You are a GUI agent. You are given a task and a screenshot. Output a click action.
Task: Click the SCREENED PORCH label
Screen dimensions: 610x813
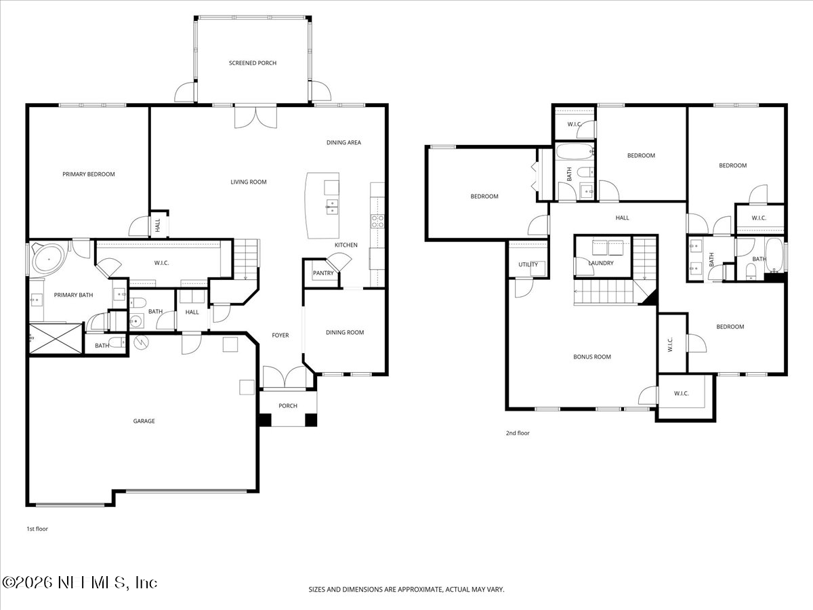pos(252,63)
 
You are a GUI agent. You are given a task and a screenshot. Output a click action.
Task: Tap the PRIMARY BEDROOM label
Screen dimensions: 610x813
pos(89,174)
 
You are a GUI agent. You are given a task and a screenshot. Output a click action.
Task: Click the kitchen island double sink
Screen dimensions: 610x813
pos(332,206)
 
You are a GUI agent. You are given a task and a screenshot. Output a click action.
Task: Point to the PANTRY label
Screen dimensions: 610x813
pos(322,273)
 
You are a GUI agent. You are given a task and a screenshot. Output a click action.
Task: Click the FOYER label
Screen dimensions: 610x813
pos(280,335)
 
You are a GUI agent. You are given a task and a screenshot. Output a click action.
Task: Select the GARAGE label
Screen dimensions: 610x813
pos(144,421)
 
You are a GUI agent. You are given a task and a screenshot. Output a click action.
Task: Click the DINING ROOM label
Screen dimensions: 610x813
pos(345,332)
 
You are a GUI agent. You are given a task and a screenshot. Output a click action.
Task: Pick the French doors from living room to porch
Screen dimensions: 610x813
pos(255,117)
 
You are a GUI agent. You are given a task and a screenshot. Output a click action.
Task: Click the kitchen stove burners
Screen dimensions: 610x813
pos(377,220)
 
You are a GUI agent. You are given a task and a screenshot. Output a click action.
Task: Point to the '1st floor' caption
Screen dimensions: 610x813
pos(37,529)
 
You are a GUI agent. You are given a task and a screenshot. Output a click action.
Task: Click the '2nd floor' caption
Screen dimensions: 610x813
pos(518,433)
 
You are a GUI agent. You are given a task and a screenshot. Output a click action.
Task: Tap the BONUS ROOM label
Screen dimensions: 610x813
pos(592,357)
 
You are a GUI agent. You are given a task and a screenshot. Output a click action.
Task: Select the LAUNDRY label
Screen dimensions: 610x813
pos(601,263)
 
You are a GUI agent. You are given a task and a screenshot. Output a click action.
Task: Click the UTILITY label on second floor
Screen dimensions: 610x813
pos(528,264)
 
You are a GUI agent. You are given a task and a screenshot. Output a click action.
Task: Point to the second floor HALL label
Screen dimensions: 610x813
pos(622,218)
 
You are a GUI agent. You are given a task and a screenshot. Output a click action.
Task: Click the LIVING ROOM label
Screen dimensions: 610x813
pos(249,182)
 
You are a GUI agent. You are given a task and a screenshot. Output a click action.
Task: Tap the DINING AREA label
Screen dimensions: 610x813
pos(343,142)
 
